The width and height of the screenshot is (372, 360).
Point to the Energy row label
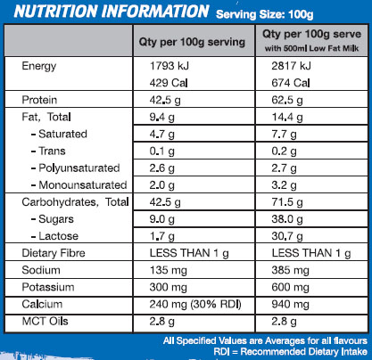click(x=44, y=65)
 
